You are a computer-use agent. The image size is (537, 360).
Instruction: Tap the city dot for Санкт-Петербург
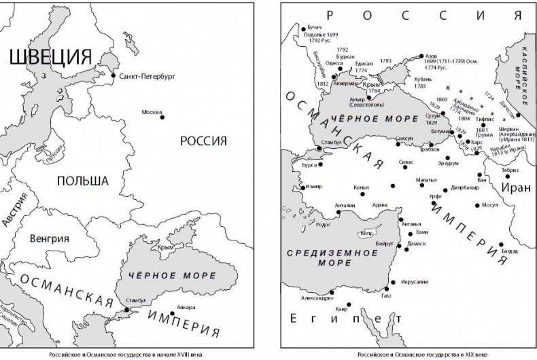(113, 76)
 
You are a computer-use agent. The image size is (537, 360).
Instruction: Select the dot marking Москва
(162, 118)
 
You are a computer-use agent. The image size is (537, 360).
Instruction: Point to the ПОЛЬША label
(82, 181)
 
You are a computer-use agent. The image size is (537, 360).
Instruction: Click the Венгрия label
(50, 239)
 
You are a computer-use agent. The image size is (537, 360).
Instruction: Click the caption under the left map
(126, 354)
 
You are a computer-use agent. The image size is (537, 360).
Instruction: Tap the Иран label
(515, 187)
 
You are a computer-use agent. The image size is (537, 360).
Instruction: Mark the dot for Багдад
(501, 243)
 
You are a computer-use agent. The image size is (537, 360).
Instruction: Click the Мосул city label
(489, 204)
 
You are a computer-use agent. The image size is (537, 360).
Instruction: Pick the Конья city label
(362, 187)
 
